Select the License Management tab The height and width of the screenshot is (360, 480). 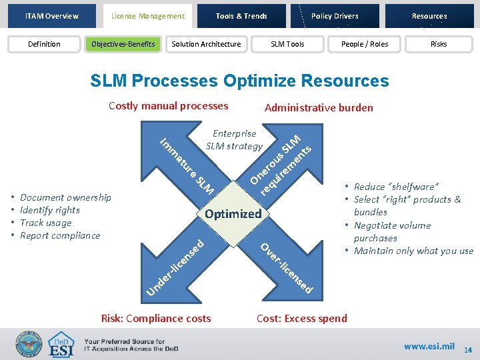point(148,16)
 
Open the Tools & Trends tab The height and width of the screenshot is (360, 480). point(241,16)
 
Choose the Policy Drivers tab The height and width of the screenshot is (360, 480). point(335,16)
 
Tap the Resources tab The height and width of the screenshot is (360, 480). point(429,16)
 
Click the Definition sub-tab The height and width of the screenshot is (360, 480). point(44,44)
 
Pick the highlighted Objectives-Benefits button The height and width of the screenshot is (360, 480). point(123,44)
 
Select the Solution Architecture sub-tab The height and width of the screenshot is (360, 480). point(206,44)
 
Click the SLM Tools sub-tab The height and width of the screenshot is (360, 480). point(287,44)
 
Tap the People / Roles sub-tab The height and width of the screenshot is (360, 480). point(365,44)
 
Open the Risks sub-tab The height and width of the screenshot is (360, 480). point(439,44)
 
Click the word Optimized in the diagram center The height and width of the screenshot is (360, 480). point(233,214)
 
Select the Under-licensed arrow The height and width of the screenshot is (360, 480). point(177,264)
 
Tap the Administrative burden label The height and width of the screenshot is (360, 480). point(319,107)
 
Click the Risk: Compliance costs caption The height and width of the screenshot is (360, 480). point(155,318)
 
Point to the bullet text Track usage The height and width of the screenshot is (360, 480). point(46,223)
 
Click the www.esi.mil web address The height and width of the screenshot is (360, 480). point(429,346)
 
